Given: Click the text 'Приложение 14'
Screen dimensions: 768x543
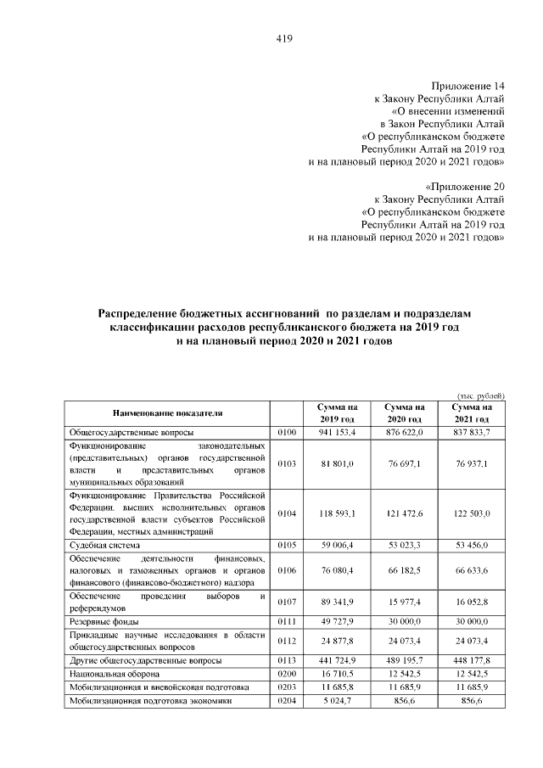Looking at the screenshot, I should tap(468, 87).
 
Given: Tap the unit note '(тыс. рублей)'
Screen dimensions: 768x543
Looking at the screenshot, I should tap(481, 395).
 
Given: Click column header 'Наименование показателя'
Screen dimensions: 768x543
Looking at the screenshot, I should tap(166, 413).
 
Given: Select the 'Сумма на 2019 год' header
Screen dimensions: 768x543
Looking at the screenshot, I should tap(339, 413).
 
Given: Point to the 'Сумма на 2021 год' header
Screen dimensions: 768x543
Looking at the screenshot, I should tap(473, 413).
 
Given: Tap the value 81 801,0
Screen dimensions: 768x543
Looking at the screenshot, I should tap(339, 463).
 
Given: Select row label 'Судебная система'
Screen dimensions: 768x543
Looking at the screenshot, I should tap(104, 544).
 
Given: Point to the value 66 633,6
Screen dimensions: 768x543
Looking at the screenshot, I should tap(473, 569).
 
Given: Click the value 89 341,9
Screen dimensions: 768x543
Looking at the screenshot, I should tap(339, 602).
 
